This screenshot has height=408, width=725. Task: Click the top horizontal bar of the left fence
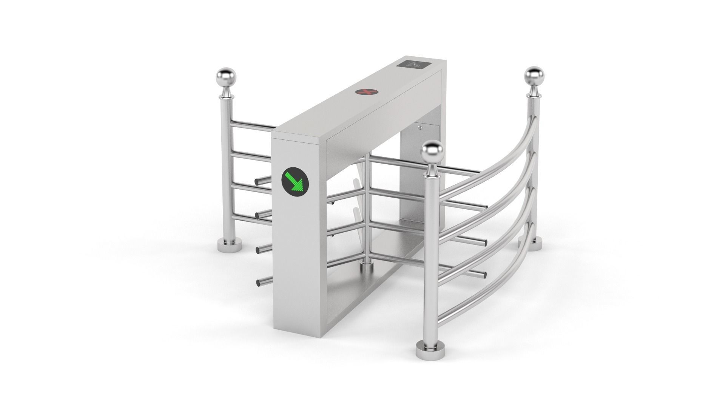click(x=251, y=124)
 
